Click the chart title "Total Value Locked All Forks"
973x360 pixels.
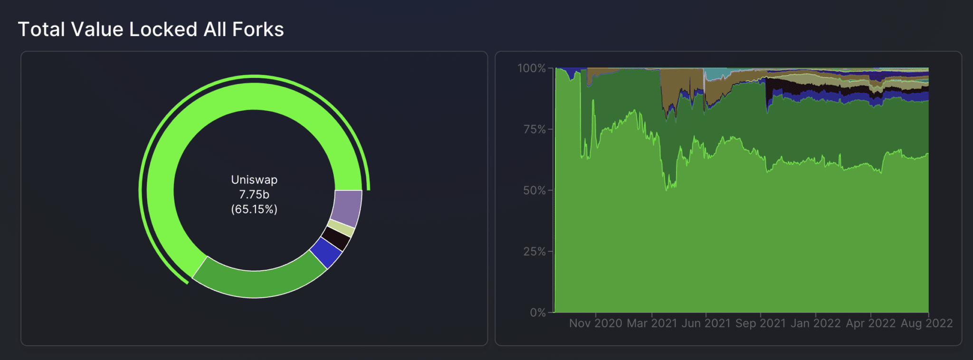coord(151,29)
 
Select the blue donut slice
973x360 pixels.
coord(326,252)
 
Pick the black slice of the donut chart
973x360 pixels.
coord(336,238)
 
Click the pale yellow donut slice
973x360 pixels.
coord(342,228)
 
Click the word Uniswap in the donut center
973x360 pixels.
coord(254,180)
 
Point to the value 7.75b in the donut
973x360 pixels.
coord(254,194)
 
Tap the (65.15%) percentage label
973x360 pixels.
coord(254,209)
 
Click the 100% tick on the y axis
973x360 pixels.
coord(532,68)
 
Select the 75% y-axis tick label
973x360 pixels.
coord(534,130)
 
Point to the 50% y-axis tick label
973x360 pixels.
coord(534,190)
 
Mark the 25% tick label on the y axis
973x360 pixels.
coord(534,252)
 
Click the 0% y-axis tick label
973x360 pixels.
coord(538,313)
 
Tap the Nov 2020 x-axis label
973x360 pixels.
coord(596,323)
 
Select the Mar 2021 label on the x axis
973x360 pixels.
coord(652,323)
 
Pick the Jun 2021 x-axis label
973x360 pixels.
coord(706,323)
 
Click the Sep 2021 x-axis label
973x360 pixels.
coord(761,323)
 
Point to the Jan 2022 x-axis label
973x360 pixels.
coord(816,323)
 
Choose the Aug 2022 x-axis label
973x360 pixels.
coord(927,323)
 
